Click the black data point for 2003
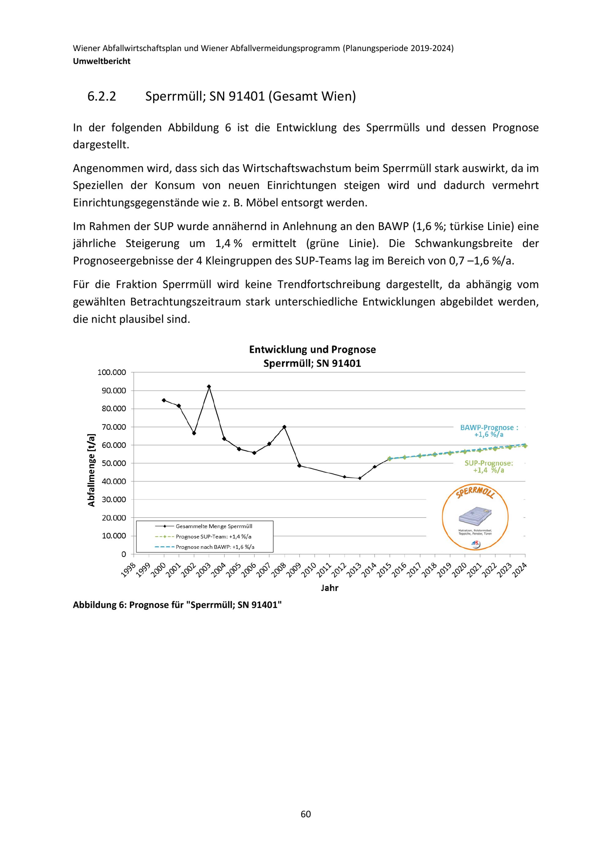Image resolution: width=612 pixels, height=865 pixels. pyautogui.click(x=209, y=387)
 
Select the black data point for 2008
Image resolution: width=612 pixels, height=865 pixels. pyautogui.click(x=285, y=427)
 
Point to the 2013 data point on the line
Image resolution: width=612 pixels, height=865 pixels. pyautogui.click(x=360, y=478)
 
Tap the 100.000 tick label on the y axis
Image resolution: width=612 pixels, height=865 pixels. pyautogui.click(x=112, y=373)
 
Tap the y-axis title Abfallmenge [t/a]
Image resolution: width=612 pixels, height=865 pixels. pyautogui.click(x=91, y=470)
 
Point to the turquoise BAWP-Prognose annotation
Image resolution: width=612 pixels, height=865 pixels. pyautogui.click(x=489, y=431)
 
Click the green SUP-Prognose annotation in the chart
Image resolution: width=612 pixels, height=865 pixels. pyautogui.click(x=488, y=467)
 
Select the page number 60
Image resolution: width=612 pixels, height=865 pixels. pyautogui.click(x=306, y=814)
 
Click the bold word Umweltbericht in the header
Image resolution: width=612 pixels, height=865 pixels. pyautogui.click(x=102, y=61)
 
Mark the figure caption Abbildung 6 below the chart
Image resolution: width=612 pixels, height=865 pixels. pyautogui.click(x=177, y=605)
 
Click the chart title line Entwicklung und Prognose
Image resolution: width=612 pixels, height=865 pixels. pyautogui.click(x=312, y=350)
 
